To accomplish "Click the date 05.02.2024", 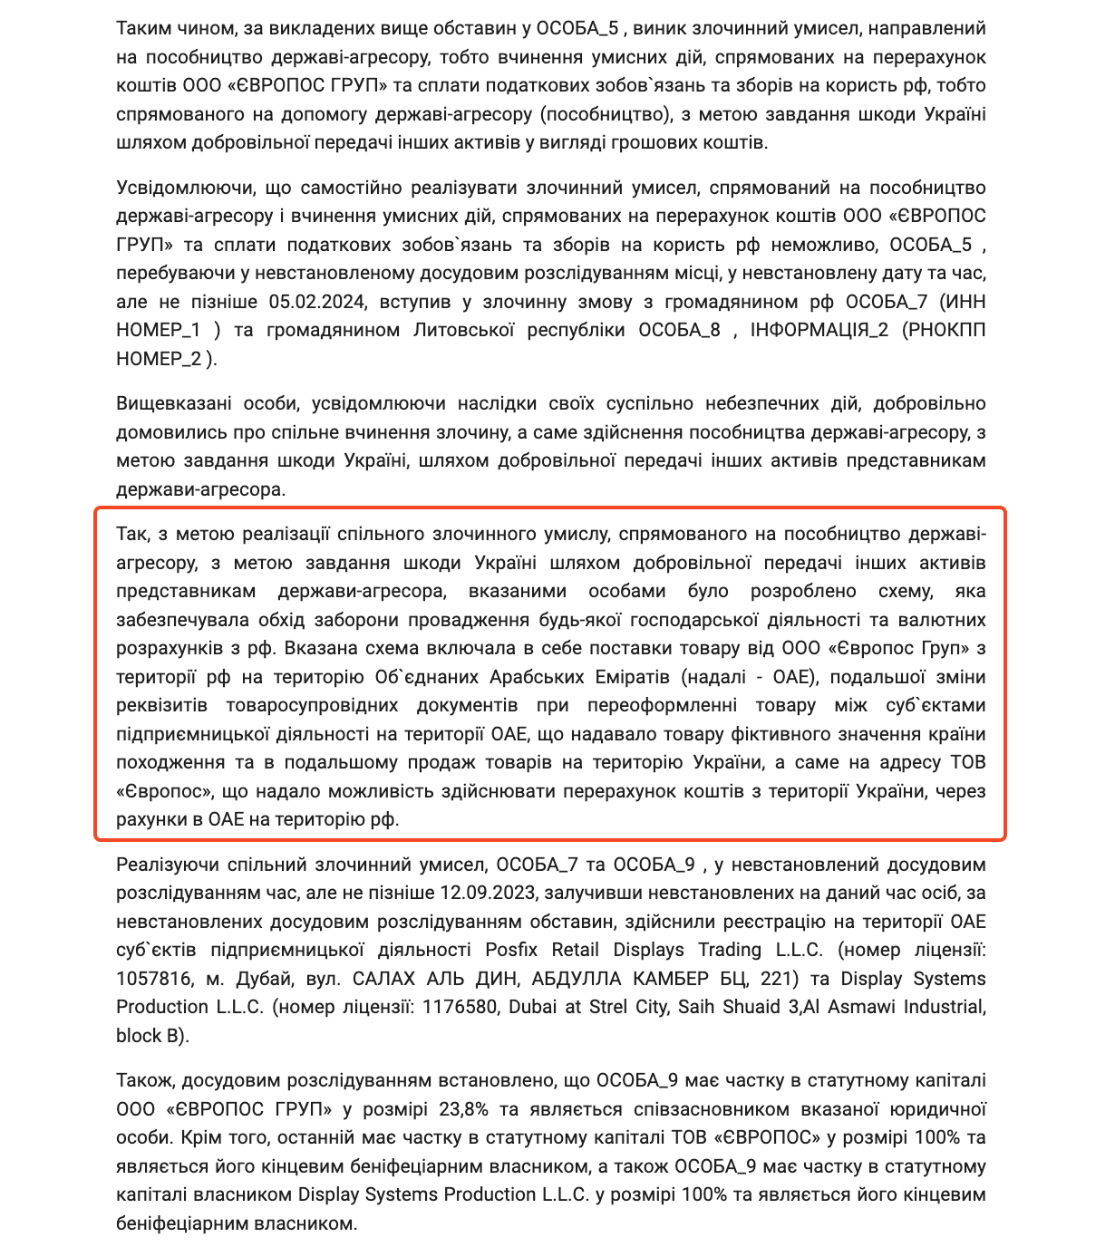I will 317,302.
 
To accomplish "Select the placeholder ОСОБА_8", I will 679,330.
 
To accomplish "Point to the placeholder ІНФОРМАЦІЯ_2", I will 819,330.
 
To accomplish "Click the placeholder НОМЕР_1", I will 159,330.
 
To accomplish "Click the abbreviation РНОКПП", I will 945,330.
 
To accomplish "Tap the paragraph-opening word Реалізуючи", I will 166,865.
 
